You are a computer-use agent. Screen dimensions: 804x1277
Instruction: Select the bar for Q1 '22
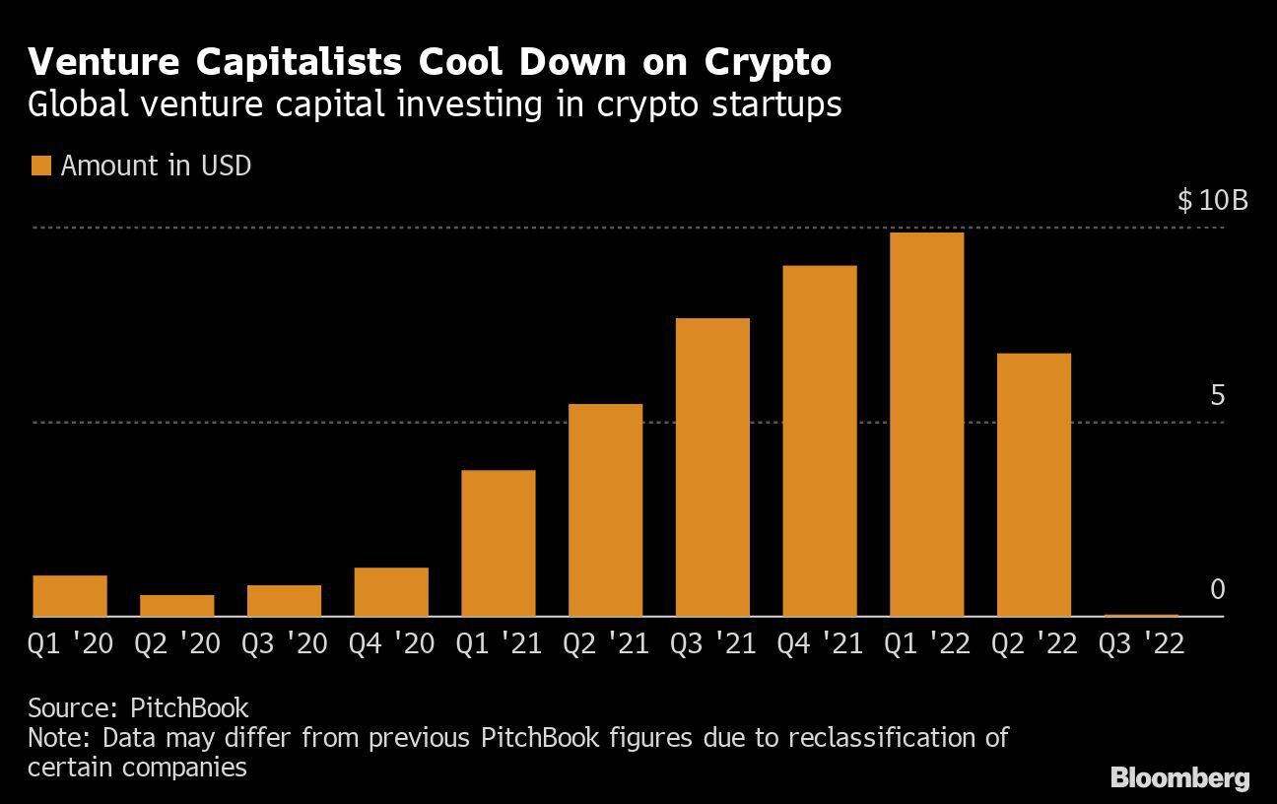[926, 425]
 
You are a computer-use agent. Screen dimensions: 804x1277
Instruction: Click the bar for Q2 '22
[1034, 485]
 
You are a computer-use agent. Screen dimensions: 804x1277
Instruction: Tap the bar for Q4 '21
[819, 441]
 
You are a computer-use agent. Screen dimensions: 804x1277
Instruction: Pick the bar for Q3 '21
[712, 467]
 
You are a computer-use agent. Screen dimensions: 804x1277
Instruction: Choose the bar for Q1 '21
[498, 543]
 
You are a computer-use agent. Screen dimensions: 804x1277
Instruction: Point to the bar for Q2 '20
[176, 605]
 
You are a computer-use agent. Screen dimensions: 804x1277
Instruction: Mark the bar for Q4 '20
[391, 591]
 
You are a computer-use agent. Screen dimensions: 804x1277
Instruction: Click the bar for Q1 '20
[70, 595]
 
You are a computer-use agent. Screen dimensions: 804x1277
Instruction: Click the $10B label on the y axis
[1212, 201]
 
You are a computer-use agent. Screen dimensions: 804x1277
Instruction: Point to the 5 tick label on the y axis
[1217, 396]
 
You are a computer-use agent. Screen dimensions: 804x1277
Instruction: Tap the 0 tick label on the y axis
[1217, 589]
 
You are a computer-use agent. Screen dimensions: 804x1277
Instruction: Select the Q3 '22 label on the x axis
[1141, 644]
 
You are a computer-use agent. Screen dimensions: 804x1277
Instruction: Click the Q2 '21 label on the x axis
[606, 644]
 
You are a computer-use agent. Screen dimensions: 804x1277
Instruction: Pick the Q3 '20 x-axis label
[284, 644]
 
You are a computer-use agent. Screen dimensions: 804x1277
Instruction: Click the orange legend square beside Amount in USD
[40, 166]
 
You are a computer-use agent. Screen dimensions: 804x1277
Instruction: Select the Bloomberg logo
[1179, 778]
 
